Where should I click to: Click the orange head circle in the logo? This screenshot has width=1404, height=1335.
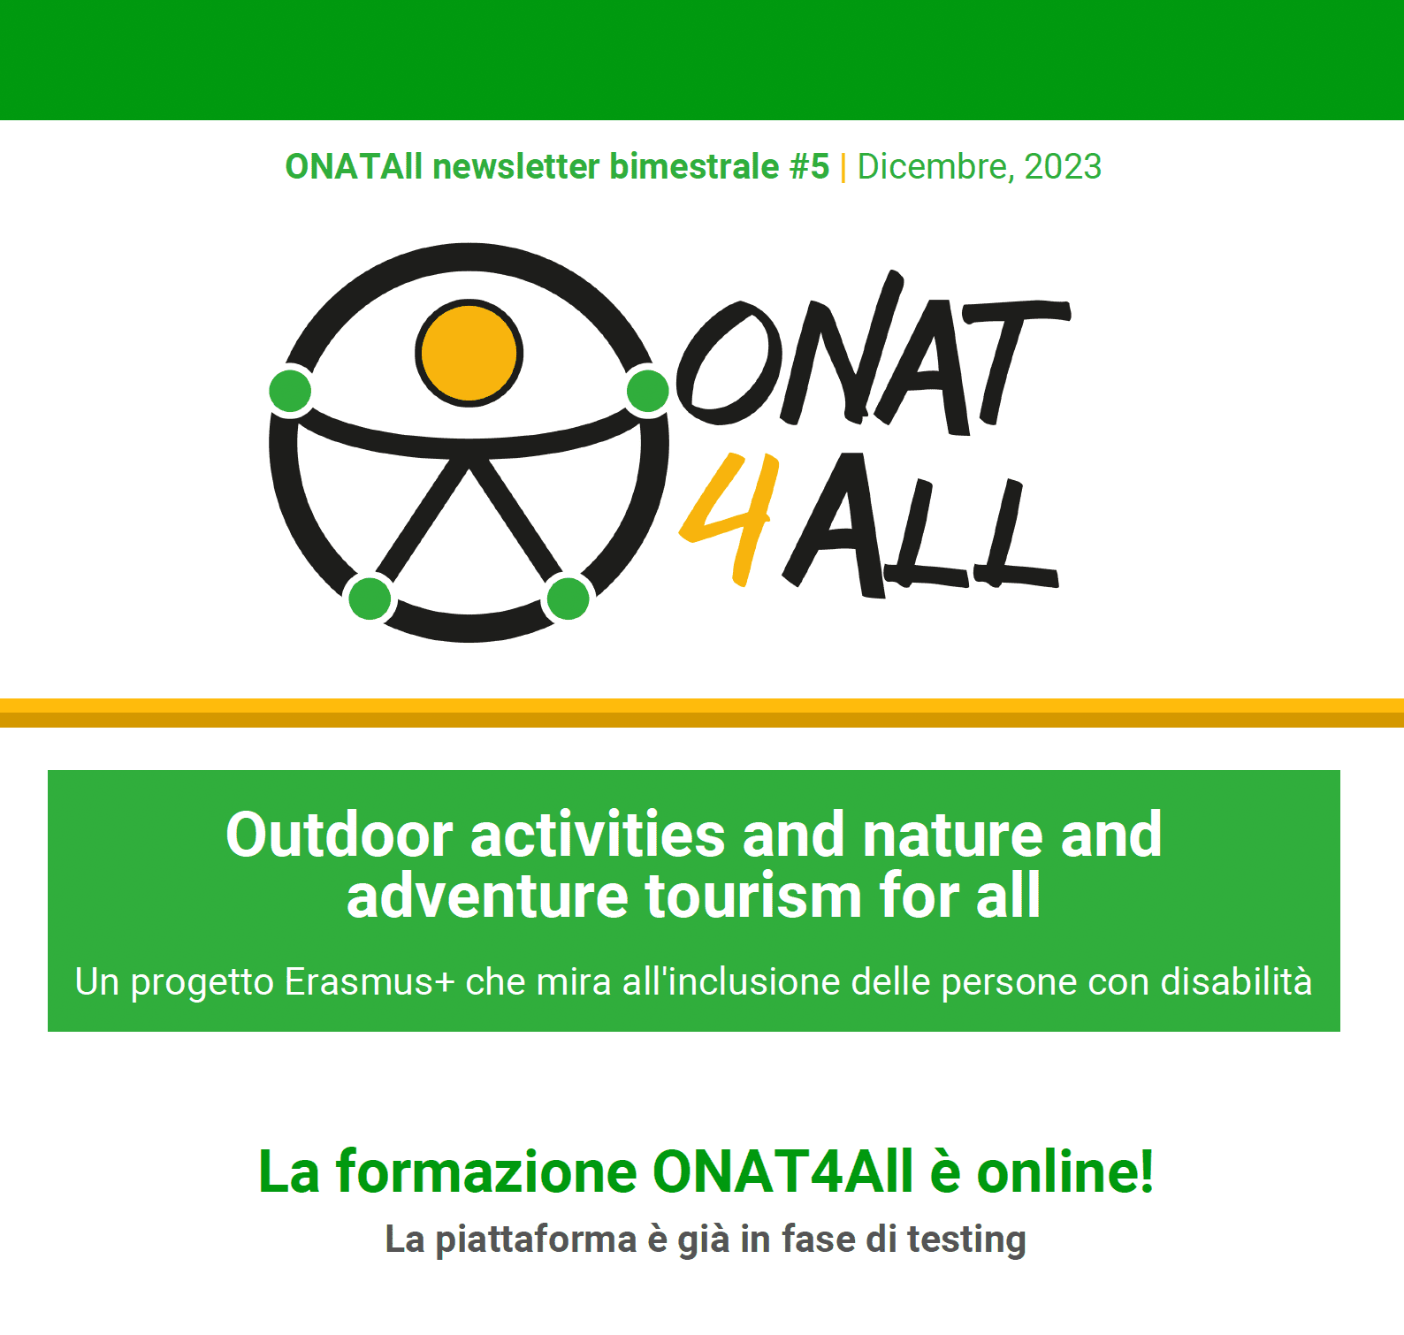[x=469, y=353]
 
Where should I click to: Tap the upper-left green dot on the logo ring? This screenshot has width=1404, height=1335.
[x=290, y=391]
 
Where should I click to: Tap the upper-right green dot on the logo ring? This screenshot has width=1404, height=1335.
[x=648, y=391]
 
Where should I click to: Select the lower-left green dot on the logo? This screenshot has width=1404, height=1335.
[x=370, y=598]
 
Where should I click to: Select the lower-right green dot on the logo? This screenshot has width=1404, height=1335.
[x=568, y=598]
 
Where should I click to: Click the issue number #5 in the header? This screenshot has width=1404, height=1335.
[x=809, y=166]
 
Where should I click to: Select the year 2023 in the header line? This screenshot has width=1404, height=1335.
[x=1063, y=166]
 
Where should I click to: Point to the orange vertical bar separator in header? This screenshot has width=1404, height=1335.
[x=843, y=167]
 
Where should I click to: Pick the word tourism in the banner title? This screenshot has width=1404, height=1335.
[x=754, y=896]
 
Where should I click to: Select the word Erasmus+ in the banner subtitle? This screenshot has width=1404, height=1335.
[x=370, y=982]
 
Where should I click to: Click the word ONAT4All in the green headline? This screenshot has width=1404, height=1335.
[x=783, y=1171]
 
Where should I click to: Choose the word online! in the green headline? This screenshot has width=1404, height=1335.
[x=1065, y=1171]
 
